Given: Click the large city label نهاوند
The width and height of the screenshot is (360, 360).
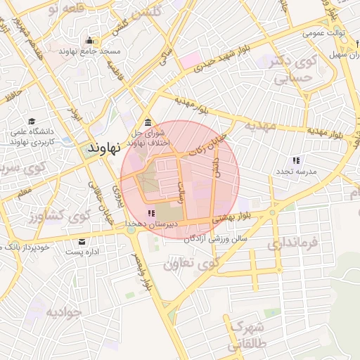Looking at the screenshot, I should click(105, 148).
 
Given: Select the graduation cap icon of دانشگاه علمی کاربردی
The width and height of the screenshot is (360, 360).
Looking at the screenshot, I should click(32, 121).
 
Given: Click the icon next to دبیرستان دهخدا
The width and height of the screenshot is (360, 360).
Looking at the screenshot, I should click(150, 212).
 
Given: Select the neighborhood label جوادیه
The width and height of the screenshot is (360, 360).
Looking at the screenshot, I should click(64, 311).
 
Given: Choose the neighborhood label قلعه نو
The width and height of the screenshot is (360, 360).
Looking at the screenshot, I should click(63, 8).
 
